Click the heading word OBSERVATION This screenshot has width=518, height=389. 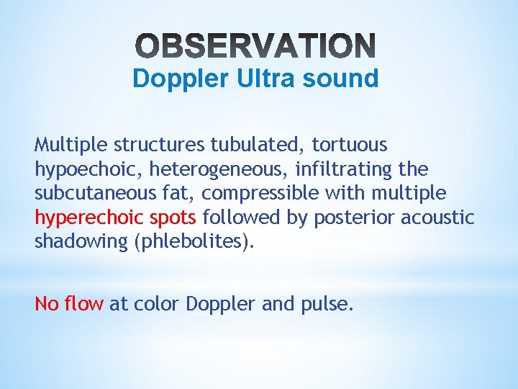pyautogui.click(x=255, y=46)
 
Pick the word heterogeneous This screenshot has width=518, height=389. pyautogui.click(x=196, y=170)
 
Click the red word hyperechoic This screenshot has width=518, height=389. pyautogui.click(x=81, y=218)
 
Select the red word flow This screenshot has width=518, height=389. pyautogui.click(x=84, y=304)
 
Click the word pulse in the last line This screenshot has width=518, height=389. pyautogui.click(x=329, y=305)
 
